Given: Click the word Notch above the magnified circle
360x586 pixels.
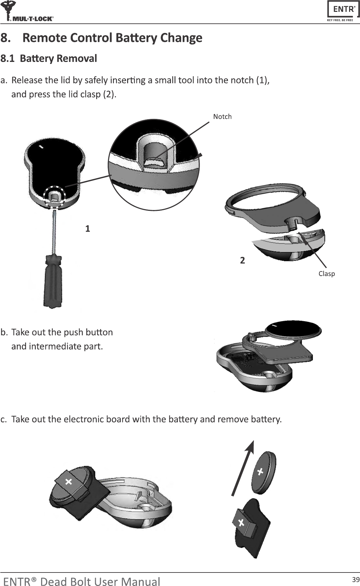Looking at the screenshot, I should (222, 117).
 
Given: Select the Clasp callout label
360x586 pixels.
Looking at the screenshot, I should (326, 274).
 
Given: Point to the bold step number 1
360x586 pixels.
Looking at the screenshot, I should (88, 229).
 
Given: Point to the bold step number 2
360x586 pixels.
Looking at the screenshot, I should (242, 261).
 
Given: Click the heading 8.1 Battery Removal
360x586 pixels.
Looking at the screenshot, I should (49, 59).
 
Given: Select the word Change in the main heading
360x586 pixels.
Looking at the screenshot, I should (181, 38).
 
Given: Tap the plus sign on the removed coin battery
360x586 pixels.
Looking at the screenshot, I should (260, 472).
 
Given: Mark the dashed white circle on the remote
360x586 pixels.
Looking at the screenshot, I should (54, 197).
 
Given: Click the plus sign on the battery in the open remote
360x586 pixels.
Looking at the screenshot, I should (69, 482).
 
